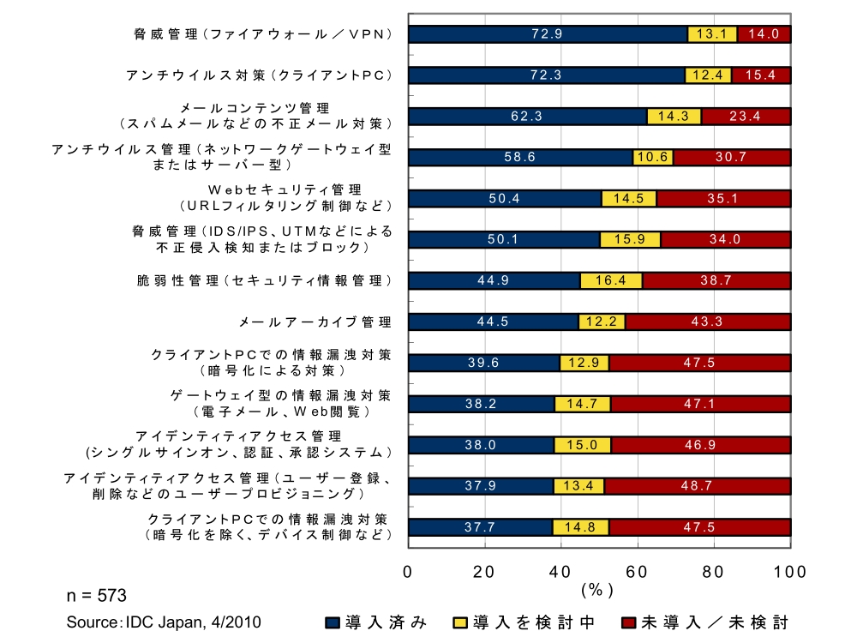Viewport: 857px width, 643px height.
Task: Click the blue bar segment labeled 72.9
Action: coord(548,34)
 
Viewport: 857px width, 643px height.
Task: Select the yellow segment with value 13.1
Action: coord(712,34)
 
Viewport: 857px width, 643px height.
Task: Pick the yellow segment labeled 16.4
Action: coord(611,280)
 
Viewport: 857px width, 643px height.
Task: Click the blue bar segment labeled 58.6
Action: coord(520,158)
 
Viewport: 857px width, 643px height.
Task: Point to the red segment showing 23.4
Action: coord(746,117)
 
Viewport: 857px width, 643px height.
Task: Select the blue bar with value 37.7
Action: coord(480,527)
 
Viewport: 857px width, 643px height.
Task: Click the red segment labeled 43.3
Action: coord(708,321)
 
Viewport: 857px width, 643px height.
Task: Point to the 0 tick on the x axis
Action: coord(408,571)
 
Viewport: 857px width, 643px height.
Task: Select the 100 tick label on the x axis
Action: coord(789,571)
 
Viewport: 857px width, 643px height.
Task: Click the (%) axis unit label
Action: coord(597,591)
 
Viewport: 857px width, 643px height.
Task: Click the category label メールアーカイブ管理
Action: coord(315,322)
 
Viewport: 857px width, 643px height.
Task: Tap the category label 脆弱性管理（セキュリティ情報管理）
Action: coord(265,280)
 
